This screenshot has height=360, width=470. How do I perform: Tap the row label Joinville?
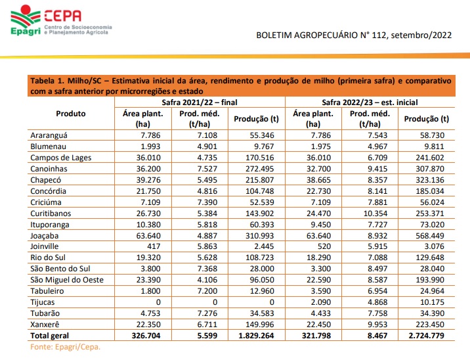48,246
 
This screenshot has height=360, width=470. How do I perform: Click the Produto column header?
71,114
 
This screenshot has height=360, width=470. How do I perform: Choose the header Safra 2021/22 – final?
200,102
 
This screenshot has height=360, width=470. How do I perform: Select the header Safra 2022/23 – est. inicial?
371,102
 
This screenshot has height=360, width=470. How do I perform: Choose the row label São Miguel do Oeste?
67,280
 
